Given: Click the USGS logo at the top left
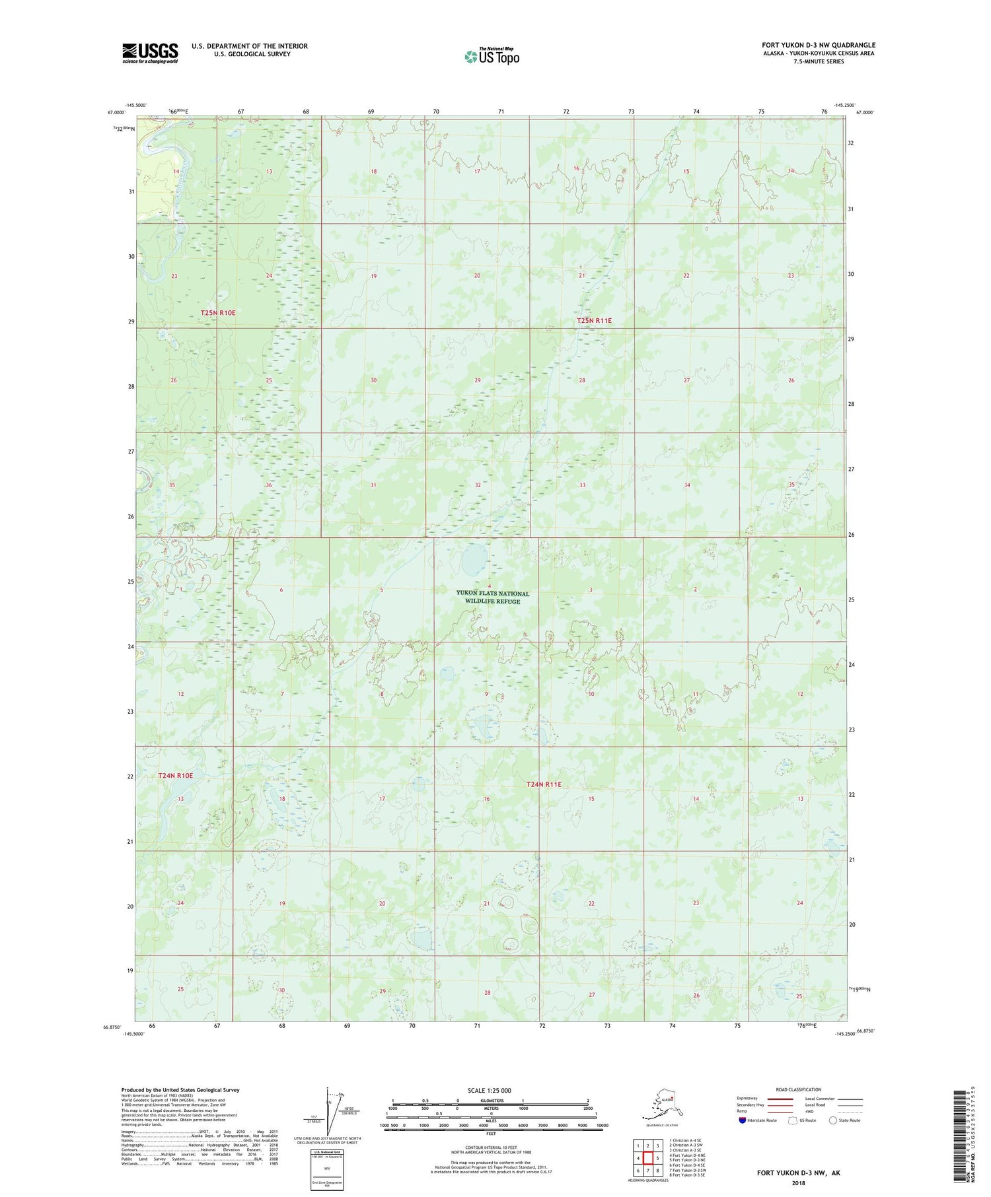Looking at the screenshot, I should [150, 53].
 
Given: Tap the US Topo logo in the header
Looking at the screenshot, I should [492, 56].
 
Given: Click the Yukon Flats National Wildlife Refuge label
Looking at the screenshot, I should [492, 598].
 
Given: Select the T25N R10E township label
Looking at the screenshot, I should [218, 312].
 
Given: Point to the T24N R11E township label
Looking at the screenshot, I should [544, 784].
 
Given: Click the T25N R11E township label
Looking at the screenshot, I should [594, 321].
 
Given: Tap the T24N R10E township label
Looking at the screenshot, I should [176, 776].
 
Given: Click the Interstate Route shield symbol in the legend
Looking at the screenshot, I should [743, 1120].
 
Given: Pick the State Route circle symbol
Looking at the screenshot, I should [832, 1120].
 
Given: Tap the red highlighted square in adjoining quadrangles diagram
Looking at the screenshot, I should [648, 1158].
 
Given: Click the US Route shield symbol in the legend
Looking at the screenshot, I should [792, 1120].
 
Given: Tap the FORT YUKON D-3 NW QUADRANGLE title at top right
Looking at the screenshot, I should [818, 46].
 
